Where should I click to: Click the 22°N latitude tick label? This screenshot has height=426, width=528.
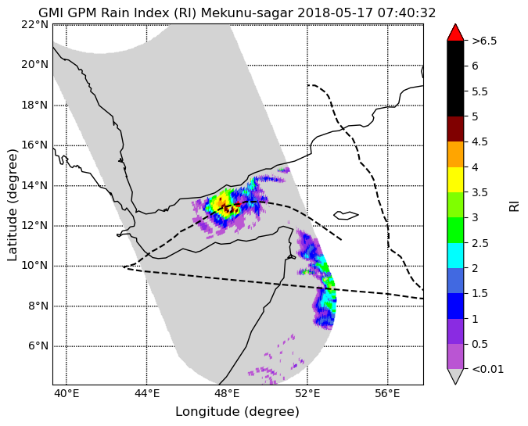[35, 24]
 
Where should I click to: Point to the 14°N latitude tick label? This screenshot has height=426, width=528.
[35, 185]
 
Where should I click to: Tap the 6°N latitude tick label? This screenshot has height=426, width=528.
[38, 346]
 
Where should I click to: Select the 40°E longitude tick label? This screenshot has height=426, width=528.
[66, 393]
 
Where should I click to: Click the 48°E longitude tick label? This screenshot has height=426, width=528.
[227, 393]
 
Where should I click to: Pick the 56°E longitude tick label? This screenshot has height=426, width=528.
[387, 393]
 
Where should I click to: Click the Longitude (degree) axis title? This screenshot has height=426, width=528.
[237, 411]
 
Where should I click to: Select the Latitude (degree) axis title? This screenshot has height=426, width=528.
[12, 205]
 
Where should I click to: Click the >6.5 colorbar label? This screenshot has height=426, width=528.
[484, 41]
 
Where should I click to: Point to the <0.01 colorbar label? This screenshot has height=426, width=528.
[488, 369]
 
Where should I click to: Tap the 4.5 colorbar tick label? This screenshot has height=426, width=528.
[480, 141]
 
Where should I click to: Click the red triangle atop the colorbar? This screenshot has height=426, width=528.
[455, 32]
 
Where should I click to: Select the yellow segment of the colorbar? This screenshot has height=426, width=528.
[455, 180]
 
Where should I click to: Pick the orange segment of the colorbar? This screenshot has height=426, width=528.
[455, 155]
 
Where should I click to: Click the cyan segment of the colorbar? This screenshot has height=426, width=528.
[455, 256]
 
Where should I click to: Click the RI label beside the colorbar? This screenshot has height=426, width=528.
[514, 205]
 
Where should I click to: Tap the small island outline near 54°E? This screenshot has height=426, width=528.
[346, 216]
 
